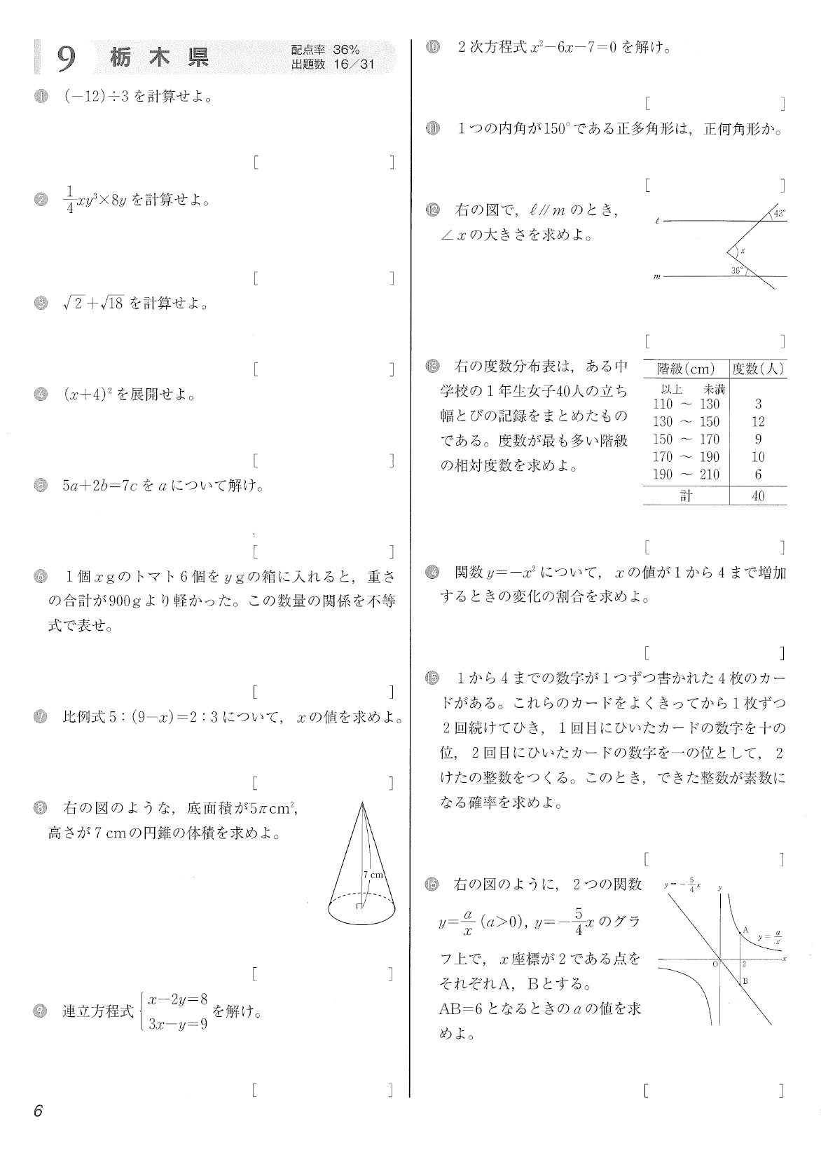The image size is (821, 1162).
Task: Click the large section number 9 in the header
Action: (x=66, y=59)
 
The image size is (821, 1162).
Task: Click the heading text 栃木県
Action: (x=160, y=57)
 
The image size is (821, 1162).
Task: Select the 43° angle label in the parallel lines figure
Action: (x=779, y=213)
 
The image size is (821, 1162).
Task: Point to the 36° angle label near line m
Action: (x=736, y=270)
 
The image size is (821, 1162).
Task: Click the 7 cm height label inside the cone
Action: (x=374, y=875)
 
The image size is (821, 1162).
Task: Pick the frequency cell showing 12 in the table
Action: (x=758, y=421)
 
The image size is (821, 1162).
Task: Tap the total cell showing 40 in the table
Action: (x=758, y=496)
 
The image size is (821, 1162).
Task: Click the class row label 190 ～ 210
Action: (x=686, y=474)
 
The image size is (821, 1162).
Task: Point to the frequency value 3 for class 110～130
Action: (x=758, y=404)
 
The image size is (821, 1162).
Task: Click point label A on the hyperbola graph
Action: (x=746, y=930)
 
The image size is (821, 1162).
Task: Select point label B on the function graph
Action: (x=746, y=981)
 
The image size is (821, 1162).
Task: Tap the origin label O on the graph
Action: (x=715, y=964)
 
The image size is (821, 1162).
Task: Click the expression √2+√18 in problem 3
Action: (x=92, y=304)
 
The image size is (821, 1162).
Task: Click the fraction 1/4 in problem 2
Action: (x=69, y=200)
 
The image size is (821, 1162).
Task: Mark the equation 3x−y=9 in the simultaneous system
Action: (x=178, y=1024)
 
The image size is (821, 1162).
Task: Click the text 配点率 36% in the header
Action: (x=325, y=50)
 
